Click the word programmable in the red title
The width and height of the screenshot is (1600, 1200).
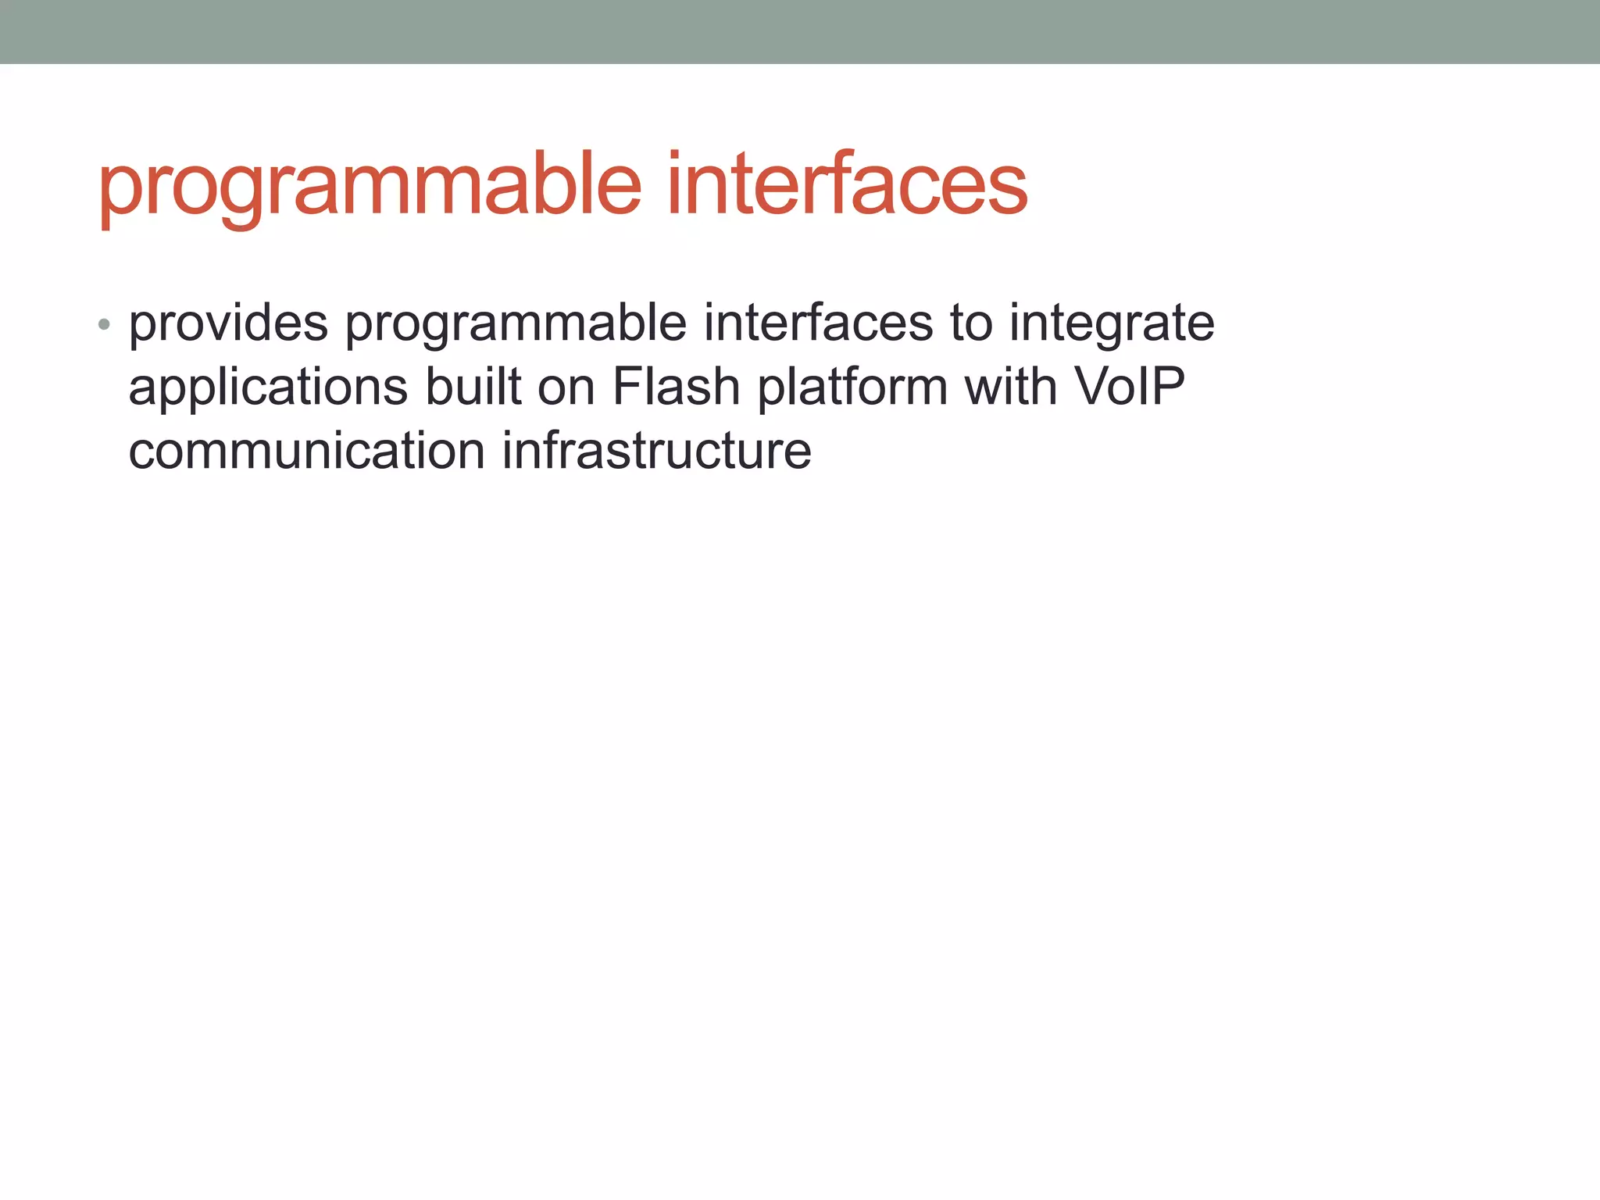tap(370, 187)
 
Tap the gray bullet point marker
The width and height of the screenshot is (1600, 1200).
tap(104, 324)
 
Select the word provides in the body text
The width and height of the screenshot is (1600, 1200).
tap(228, 323)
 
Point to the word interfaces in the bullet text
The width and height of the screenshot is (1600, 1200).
tap(818, 323)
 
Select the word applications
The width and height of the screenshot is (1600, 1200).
tap(268, 388)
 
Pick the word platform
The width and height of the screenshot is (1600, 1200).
tap(852, 388)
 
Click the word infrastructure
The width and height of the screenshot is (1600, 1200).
tap(656, 451)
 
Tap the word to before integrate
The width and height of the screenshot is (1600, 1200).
tap(971, 323)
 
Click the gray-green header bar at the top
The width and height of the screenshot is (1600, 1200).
tap(800, 31)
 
